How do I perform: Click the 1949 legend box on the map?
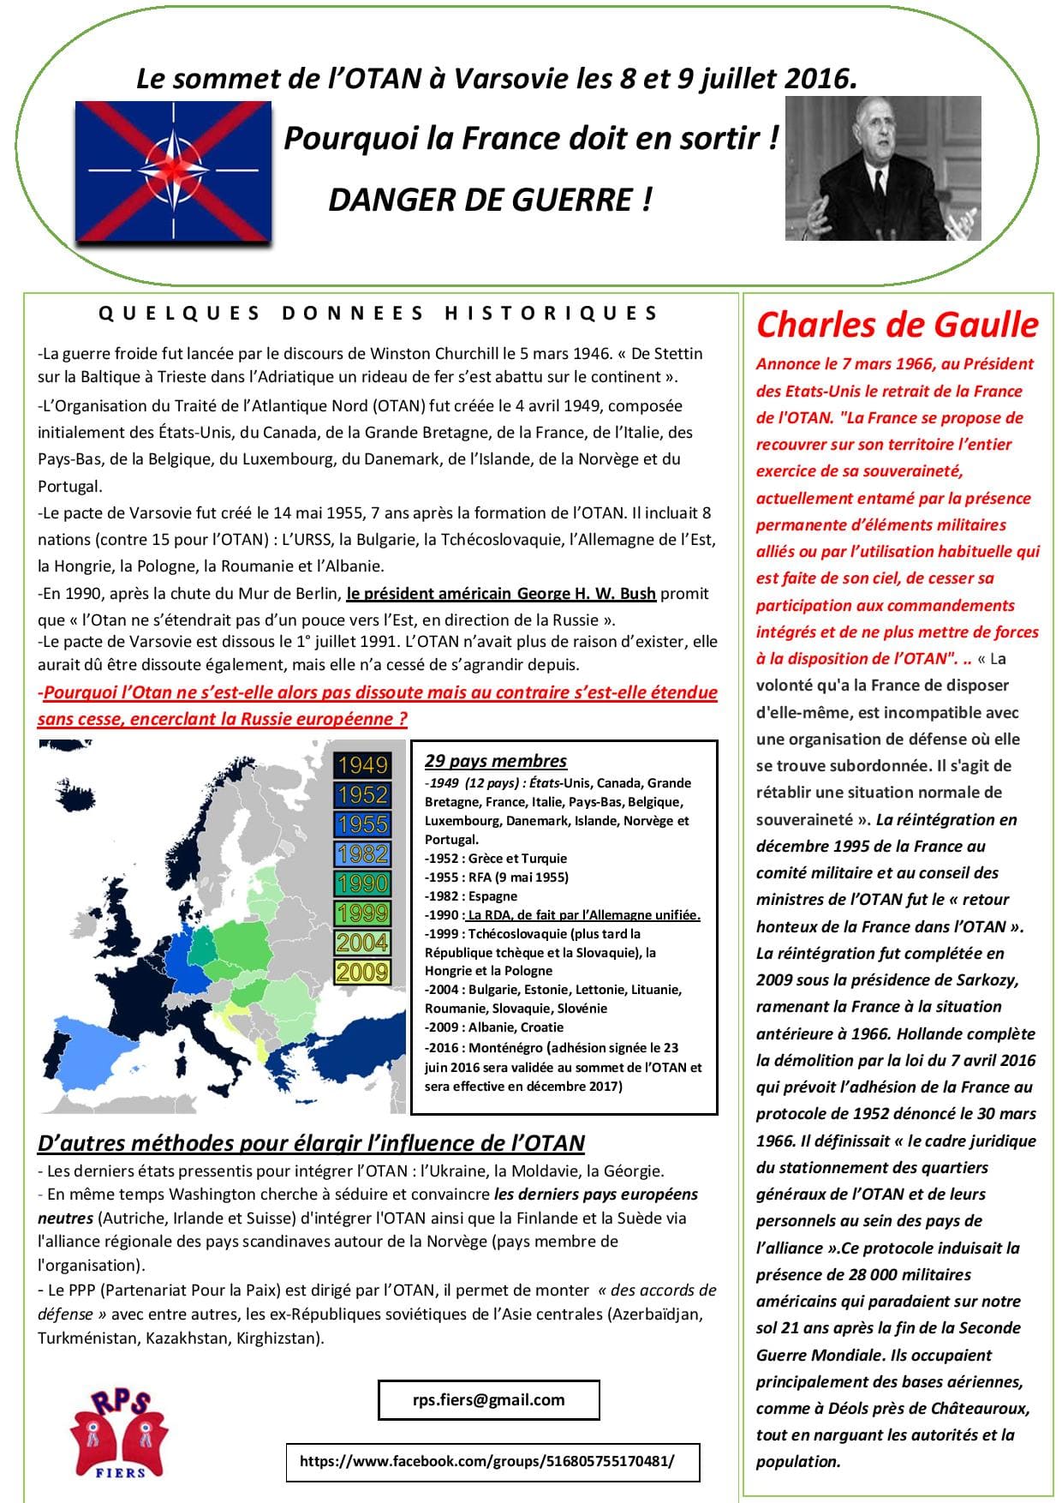[x=362, y=764]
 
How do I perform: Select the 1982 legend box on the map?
[x=362, y=853]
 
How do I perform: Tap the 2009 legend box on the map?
[x=362, y=972]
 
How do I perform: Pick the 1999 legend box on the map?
[x=362, y=913]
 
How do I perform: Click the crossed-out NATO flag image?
[x=173, y=171]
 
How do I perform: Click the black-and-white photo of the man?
[x=883, y=168]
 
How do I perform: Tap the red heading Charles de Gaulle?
[x=897, y=325]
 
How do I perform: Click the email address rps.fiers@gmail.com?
[x=488, y=1399]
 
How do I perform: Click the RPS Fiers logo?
[x=119, y=1433]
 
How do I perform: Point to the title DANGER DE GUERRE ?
[x=490, y=200]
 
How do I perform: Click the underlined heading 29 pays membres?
[x=496, y=761]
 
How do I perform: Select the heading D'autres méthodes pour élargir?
[x=311, y=1143]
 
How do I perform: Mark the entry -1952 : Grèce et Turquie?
[x=496, y=858]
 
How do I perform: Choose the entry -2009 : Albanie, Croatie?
[x=494, y=1027]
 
